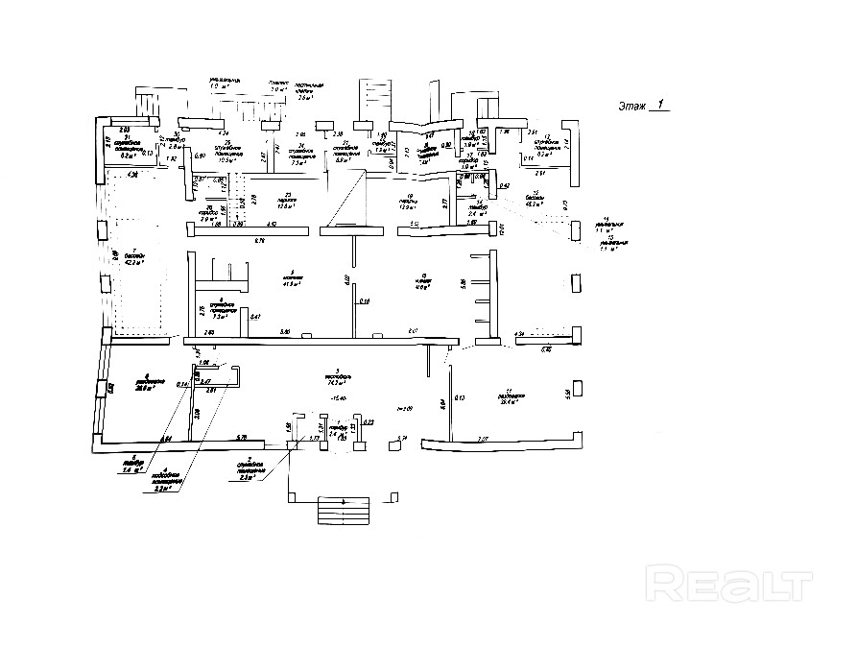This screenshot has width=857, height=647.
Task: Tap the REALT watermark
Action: point(730,582)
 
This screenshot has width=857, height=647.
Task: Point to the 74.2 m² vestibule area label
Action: point(335,380)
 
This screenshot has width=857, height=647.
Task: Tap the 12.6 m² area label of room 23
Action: point(284,206)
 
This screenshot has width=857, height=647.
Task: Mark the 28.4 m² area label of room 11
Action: point(510,402)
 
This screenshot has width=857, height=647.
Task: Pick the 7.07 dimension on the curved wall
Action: point(483,439)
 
